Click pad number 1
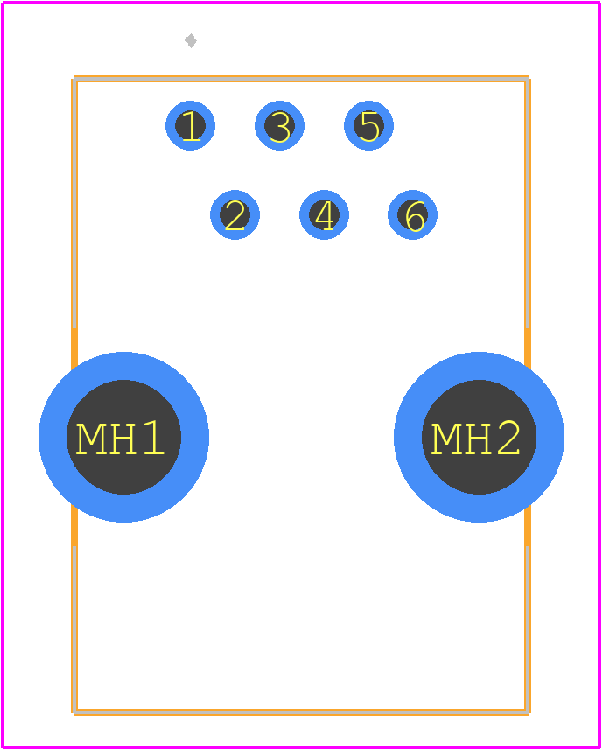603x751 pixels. click(x=190, y=125)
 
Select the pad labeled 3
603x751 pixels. click(x=279, y=125)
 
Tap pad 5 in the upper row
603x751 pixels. click(x=368, y=125)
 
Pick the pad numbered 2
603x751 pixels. click(x=235, y=214)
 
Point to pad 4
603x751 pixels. click(x=324, y=214)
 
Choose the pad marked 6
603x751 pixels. click(x=412, y=214)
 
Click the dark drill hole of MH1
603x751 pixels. click(x=123, y=437)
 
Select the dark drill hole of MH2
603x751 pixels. click(x=479, y=437)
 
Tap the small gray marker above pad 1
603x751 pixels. click(x=191, y=41)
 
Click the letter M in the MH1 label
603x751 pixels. click(x=91, y=439)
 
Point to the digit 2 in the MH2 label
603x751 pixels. click(x=508, y=438)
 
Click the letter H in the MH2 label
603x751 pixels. click(x=477, y=439)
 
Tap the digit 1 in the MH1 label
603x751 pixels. click(x=153, y=438)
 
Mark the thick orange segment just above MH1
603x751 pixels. click(x=74, y=348)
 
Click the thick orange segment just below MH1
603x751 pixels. click(x=74, y=525)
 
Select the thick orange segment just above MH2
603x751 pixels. click(x=528, y=348)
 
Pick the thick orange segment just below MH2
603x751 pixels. click(x=528, y=525)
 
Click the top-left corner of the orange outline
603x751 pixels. click(x=74, y=78)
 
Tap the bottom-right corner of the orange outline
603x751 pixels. click(x=529, y=713)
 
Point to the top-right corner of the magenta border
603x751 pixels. click(x=599, y=3)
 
